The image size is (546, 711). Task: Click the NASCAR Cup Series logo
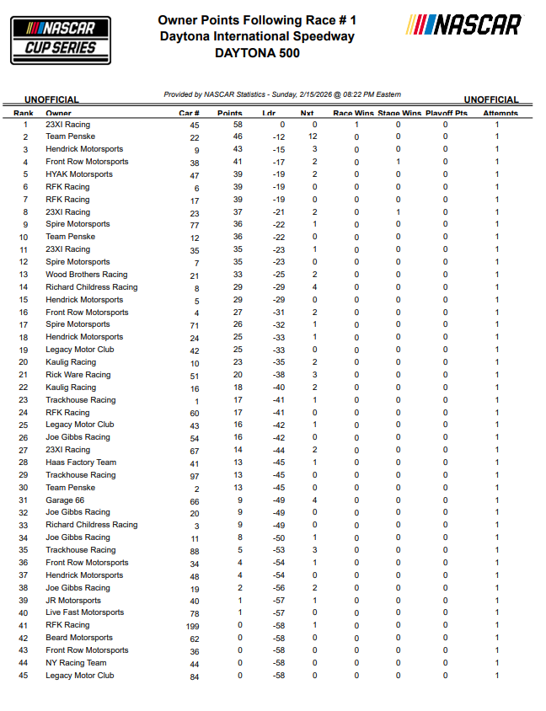(x=61, y=40)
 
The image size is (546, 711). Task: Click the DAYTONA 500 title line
(x=257, y=53)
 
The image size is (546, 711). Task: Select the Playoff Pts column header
(x=446, y=113)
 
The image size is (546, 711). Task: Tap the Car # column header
(x=189, y=113)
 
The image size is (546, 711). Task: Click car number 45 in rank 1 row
(x=195, y=125)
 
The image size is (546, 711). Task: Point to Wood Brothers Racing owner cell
(x=87, y=275)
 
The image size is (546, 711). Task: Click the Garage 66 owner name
(x=65, y=500)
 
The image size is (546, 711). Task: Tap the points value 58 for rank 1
(x=238, y=125)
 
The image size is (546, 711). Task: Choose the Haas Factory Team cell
(x=81, y=462)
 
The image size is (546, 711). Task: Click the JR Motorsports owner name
(x=73, y=601)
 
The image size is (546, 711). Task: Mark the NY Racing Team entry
(x=76, y=663)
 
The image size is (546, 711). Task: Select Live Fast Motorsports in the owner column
(x=84, y=612)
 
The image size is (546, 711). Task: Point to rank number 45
(x=24, y=676)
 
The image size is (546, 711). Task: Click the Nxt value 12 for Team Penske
(x=313, y=136)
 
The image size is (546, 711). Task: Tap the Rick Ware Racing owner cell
(x=78, y=375)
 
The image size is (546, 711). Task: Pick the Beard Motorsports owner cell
(x=79, y=638)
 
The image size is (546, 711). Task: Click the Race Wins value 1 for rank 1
(x=356, y=125)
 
